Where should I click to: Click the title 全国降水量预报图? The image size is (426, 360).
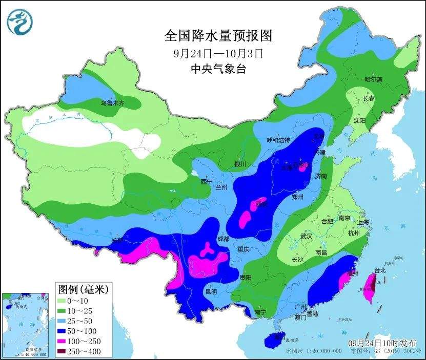click(x=218, y=35)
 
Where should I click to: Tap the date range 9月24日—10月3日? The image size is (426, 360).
click(x=218, y=53)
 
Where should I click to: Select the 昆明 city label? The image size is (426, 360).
click(x=211, y=291)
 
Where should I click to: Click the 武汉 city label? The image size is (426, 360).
click(x=307, y=237)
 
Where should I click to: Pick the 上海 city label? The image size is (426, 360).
click(x=363, y=222)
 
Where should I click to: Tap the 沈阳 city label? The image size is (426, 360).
click(x=359, y=121)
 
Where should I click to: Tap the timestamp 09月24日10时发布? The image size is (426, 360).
click(x=382, y=343)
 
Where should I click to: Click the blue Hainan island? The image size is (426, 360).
click(x=272, y=339)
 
